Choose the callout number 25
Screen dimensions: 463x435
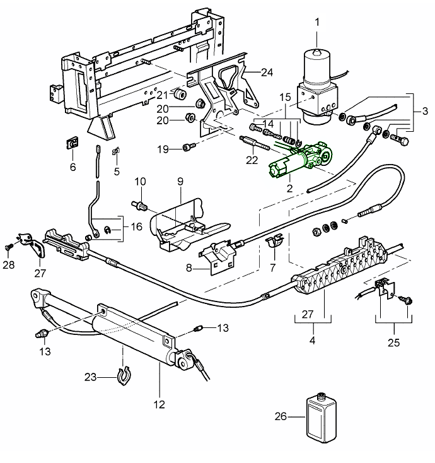pyautogui.click(x=394, y=343)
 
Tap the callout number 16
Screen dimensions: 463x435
pyautogui.click(x=136, y=225)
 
